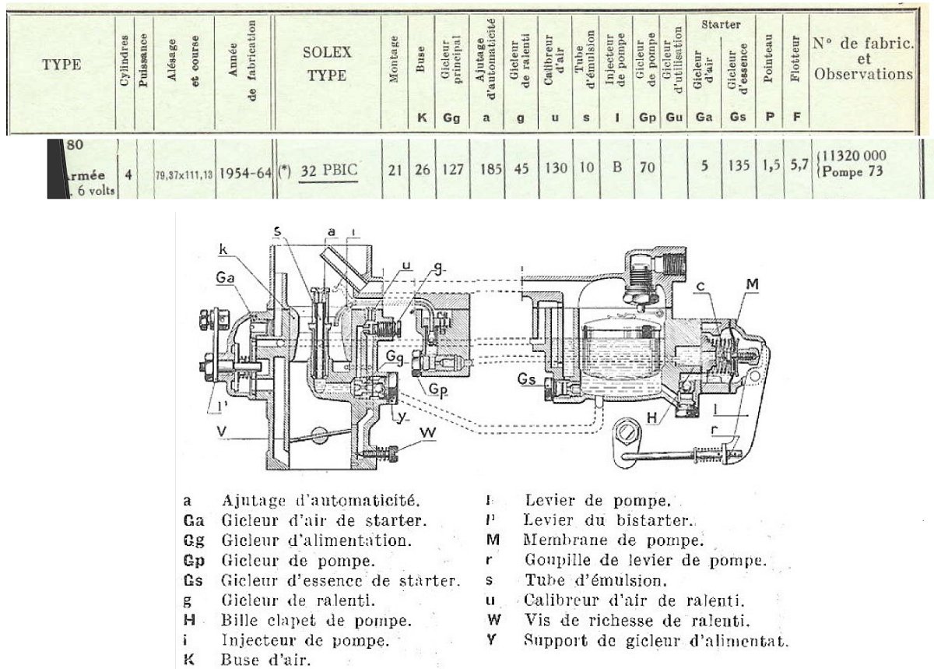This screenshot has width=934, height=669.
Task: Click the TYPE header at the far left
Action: click(61, 65)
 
